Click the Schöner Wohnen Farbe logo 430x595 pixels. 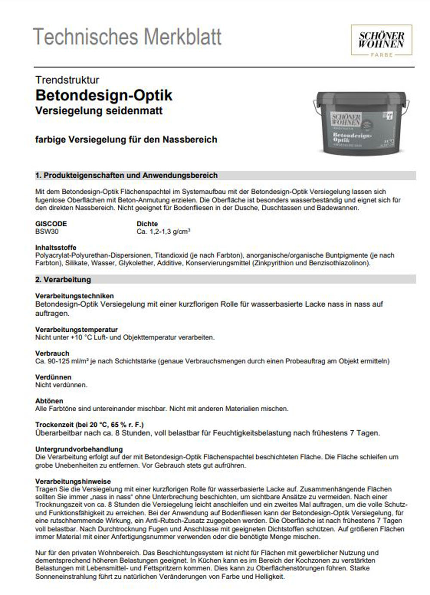click(x=381, y=40)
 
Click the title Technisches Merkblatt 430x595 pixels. click(x=127, y=37)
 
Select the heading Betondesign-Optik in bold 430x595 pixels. click(x=104, y=95)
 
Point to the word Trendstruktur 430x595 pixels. click(x=67, y=80)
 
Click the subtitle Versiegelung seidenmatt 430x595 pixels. click(x=99, y=111)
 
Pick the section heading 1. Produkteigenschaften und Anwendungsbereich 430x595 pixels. click(x=126, y=176)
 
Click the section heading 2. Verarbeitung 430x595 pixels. click(x=63, y=280)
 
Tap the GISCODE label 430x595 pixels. click(x=51, y=224)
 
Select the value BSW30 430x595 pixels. click(x=47, y=231)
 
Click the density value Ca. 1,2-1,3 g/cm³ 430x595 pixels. click(x=163, y=231)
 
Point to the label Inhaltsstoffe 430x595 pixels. click(x=56, y=247)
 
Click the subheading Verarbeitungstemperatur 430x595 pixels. click(x=77, y=330)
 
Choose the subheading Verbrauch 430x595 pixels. click(x=52, y=353)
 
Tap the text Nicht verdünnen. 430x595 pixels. click(x=61, y=385)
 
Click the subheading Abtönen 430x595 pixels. click(x=49, y=401)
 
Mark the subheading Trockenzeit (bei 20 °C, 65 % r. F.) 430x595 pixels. click(x=89, y=425)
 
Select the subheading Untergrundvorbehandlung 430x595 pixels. click(x=79, y=449)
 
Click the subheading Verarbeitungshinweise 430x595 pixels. click(x=73, y=481)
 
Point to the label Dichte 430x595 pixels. click(x=147, y=224)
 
